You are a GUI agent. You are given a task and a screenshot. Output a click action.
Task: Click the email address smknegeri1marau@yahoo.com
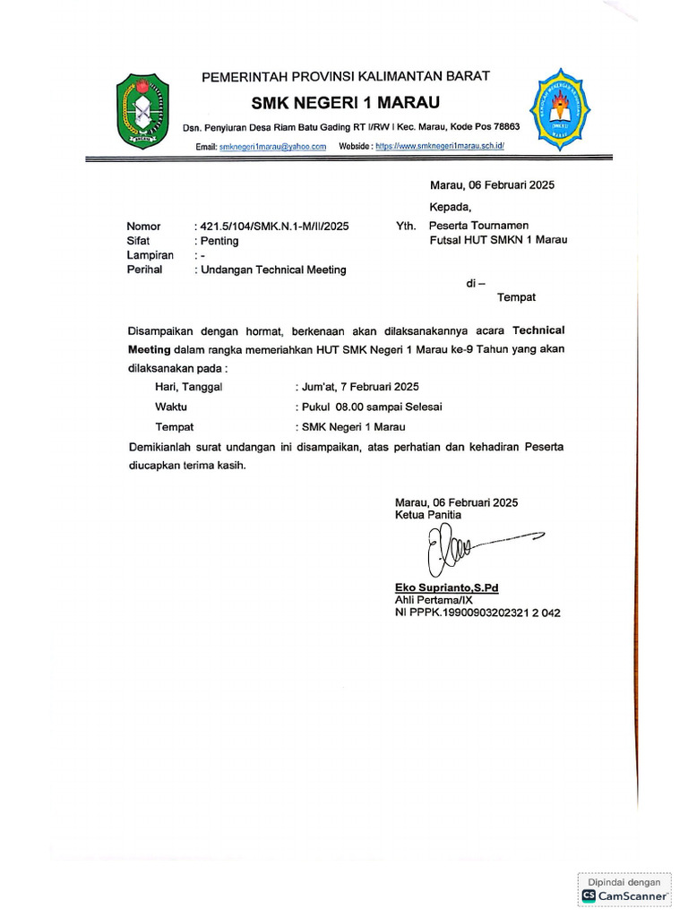272,146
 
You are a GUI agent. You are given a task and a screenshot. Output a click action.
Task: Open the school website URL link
441,146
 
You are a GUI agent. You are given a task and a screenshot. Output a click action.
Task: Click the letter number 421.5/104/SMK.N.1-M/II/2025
273,227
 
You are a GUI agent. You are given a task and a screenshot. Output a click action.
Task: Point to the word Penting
218,241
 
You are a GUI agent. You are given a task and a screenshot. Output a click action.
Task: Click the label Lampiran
150,255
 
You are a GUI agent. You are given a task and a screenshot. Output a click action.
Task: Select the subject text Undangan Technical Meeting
272,270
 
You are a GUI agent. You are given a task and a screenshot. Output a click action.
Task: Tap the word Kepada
450,207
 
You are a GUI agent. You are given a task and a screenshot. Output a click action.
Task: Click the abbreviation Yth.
406,227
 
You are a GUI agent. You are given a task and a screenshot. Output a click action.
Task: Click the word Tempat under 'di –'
516,296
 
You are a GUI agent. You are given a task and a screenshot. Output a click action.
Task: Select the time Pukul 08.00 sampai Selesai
368,407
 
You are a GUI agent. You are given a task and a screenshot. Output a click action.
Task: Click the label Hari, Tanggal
189,387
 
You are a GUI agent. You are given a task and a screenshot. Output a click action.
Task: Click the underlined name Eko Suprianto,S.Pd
446,587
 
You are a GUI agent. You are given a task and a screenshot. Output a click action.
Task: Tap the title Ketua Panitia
428,516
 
